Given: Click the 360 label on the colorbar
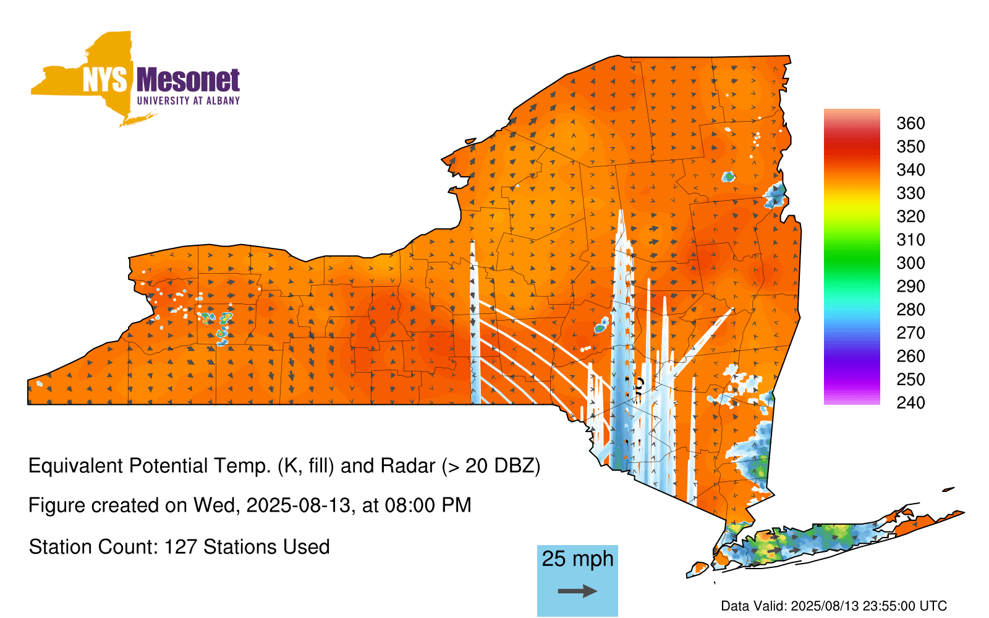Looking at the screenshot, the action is (x=910, y=123).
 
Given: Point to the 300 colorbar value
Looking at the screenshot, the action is (x=910, y=263).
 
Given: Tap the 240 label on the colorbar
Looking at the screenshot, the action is (x=910, y=402).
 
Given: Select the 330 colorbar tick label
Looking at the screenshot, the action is (x=910, y=193).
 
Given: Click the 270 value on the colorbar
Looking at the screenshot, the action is (x=910, y=333).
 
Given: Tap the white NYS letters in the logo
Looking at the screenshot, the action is (x=105, y=80).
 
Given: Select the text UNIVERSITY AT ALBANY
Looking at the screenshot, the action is (x=189, y=101).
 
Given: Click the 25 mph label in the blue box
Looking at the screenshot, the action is (x=577, y=559).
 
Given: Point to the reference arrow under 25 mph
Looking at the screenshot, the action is (x=577, y=591).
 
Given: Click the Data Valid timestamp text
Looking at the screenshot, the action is (x=834, y=606).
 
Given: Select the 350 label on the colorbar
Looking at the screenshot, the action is (x=910, y=146).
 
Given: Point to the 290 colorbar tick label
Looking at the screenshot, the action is (x=910, y=287).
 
